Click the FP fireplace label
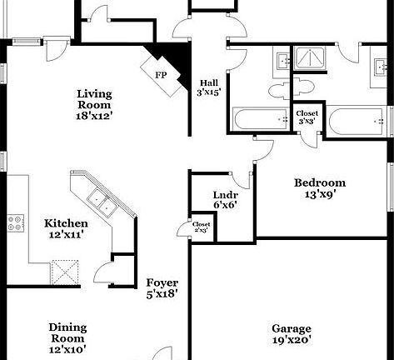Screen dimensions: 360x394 pyautogui.click(x=161, y=74)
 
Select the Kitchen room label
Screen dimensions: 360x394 pyautogui.click(x=66, y=224)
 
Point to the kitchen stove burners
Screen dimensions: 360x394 pyautogui.click(x=15, y=222)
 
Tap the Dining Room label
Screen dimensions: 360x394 pyautogui.click(x=67, y=332)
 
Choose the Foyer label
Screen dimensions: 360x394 pyautogui.click(x=162, y=287)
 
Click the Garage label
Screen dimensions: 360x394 pyautogui.click(x=291, y=328)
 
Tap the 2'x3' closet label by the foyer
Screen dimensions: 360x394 pyautogui.click(x=202, y=227)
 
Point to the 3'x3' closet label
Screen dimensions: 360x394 pyautogui.click(x=307, y=117)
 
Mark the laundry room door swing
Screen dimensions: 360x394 pyautogui.click(x=242, y=177)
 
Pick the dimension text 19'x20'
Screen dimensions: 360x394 pyautogui.click(x=291, y=340)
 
